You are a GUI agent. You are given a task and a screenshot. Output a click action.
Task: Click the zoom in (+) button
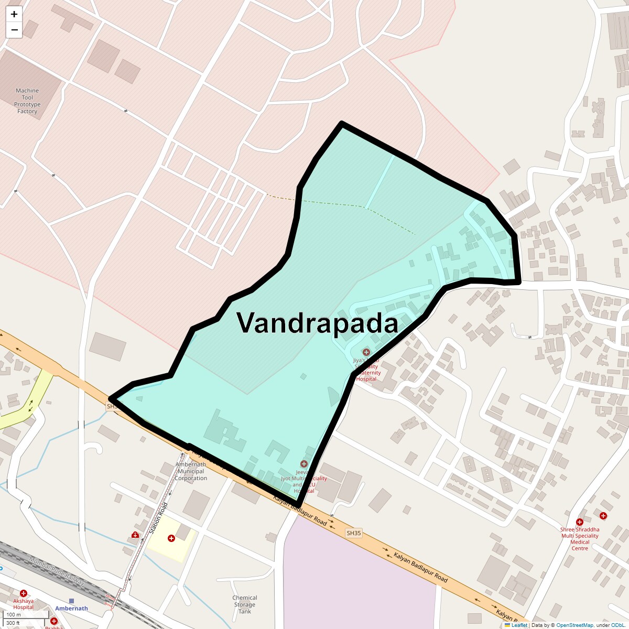(14, 14)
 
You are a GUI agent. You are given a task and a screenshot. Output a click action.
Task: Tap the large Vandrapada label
(317, 322)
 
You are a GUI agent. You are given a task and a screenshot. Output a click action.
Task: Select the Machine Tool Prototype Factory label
(27, 101)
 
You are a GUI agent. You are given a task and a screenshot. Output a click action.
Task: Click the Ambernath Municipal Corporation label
(191, 471)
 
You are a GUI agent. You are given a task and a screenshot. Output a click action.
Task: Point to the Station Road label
(158, 518)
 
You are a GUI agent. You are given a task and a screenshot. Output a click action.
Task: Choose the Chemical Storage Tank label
(245, 604)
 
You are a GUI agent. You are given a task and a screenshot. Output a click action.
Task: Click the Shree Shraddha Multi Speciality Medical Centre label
(580, 539)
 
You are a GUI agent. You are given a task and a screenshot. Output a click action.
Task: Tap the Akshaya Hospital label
(24, 604)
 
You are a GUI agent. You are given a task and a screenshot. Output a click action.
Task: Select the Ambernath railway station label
(72, 609)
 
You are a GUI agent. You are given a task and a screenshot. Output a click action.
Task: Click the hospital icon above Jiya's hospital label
(366, 352)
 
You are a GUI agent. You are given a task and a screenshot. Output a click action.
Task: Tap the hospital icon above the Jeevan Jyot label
(304, 464)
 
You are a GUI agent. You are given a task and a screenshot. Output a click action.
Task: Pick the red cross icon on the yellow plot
(171, 538)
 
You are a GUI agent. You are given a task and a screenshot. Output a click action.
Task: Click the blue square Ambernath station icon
(72, 601)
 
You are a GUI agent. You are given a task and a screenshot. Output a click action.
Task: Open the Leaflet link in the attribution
(519, 625)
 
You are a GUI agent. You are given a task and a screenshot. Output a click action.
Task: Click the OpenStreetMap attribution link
(574, 625)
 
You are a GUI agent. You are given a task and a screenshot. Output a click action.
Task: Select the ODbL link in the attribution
(617, 625)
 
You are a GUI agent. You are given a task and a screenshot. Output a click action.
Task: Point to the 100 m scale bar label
(14, 615)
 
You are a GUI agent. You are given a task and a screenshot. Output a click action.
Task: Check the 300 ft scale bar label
(14, 623)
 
